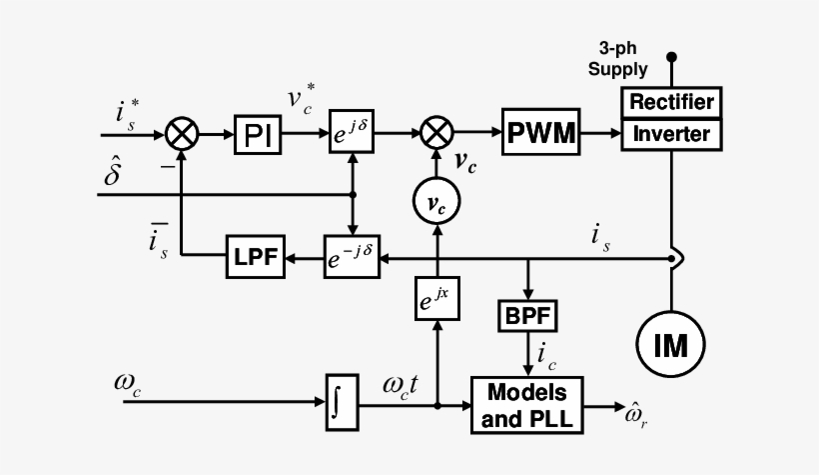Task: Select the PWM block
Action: (541, 132)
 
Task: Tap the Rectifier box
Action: (670, 102)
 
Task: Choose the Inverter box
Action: (670, 134)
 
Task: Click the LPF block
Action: (254, 260)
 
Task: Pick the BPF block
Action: (526, 317)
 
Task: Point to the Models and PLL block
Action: (526, 405)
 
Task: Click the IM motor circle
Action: (671, 345)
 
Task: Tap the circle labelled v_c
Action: (435, 203)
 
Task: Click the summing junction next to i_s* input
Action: (184, 132)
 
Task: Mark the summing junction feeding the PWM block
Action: (435, 132)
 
